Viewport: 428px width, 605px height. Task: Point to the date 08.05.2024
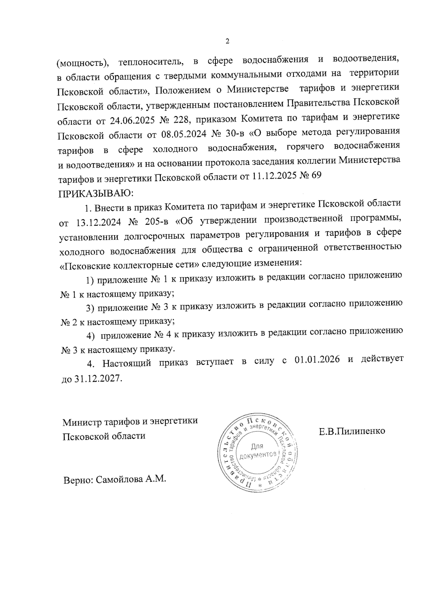[169, 135]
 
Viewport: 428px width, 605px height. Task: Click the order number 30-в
[232, 134]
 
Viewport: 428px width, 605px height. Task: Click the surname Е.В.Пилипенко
[352, 431]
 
